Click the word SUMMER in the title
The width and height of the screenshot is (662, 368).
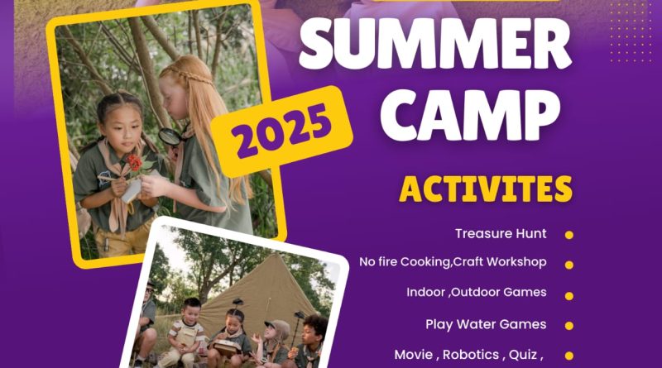(435, 43)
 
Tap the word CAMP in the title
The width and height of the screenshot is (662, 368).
(471, 116)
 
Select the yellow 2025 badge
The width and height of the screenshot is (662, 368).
(281, 131)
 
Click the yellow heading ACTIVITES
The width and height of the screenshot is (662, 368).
(486, 189)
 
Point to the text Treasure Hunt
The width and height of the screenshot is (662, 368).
(501, 233)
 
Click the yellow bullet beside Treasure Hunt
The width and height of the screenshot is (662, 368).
(569, 235)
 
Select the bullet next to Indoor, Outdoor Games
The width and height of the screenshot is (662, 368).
(569, 296)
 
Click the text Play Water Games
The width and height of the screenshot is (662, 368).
(486, 324)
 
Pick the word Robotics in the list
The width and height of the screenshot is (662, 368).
(471, 355)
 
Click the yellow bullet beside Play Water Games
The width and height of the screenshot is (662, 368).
(569, 326)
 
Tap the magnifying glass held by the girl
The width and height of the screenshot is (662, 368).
(170, 136)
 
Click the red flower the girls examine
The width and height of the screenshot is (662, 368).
(135, 162)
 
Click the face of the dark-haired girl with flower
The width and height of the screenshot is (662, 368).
(120, 126)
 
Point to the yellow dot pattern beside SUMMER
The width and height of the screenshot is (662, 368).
(631, 31)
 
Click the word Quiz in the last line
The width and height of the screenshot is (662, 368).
(523, 355)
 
